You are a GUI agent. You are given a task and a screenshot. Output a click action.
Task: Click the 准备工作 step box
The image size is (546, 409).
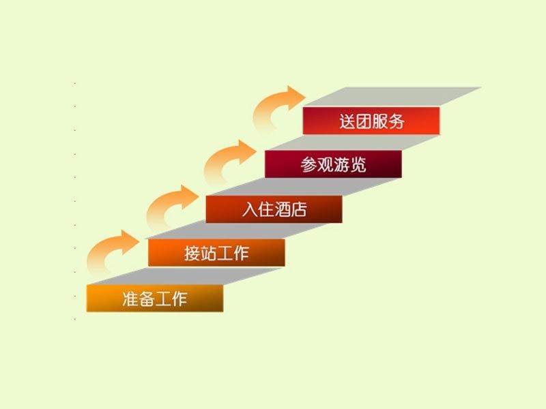coord(155,298)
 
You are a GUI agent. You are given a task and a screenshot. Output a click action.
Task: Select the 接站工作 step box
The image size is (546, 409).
coord(216,252)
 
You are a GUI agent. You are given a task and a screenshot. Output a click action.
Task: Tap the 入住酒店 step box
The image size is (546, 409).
coord(274,209)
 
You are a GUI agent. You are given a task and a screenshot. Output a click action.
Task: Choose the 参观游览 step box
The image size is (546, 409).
coord(333,164)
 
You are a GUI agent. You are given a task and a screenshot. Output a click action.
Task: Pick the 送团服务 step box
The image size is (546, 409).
coord(371,121)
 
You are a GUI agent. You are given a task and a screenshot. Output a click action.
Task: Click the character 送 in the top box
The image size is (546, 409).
coord(347,121)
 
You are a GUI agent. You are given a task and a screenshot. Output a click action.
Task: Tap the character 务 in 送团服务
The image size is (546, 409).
coord(396,121)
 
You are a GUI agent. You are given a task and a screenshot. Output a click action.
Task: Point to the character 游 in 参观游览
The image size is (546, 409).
coord(341,164)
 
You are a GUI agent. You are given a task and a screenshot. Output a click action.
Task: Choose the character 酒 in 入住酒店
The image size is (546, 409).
coord(283,209)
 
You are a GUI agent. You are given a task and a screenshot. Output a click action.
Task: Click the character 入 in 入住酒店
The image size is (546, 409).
coord(250,209)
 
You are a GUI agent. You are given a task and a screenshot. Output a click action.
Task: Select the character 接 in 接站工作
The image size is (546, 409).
coord(192,253)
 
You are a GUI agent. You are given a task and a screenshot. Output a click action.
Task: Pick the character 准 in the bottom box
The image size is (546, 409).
coord(130,299)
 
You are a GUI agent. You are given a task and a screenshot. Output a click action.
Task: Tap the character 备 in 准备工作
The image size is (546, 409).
coord(147,299)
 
